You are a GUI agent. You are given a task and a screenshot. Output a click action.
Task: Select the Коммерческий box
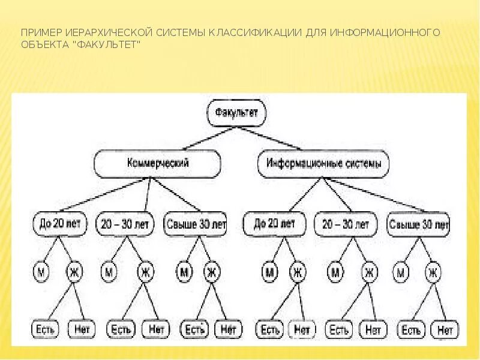click(157, 163)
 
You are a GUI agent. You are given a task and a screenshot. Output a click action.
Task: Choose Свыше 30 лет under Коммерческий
click(195, 224)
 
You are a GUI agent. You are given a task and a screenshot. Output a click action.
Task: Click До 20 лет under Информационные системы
click(274, 224)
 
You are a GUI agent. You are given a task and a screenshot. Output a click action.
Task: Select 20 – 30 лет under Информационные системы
click(346, 224)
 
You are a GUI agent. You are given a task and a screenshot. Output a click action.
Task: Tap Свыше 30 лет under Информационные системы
click(419, 225)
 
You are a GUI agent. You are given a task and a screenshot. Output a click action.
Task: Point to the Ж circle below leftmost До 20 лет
click(74, 272)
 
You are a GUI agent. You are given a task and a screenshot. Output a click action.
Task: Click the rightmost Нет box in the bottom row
click(444, 329)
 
